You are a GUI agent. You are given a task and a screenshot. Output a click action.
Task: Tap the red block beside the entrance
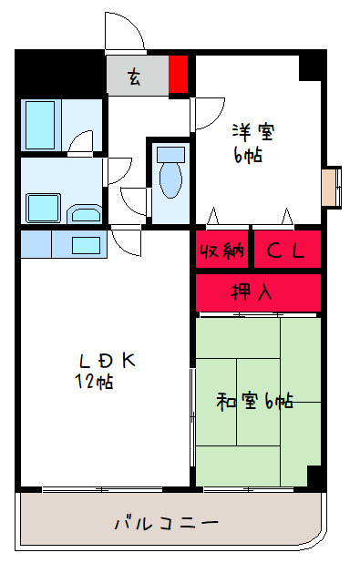(179, 75)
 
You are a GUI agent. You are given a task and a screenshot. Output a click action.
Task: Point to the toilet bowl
(170, 176)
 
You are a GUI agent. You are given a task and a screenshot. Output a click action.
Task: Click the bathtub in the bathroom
(40, 125)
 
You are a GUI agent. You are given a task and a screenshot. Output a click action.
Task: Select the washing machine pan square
(43, 207)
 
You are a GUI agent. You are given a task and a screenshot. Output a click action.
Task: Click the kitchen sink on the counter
(86, 244)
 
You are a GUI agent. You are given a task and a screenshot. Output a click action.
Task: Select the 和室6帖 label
(255, 401)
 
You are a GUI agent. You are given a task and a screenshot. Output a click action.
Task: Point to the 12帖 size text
(94, 382)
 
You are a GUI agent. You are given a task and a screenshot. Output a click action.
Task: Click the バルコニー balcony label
(166, 524)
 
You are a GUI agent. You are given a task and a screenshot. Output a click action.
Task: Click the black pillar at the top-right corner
(312, 65)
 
